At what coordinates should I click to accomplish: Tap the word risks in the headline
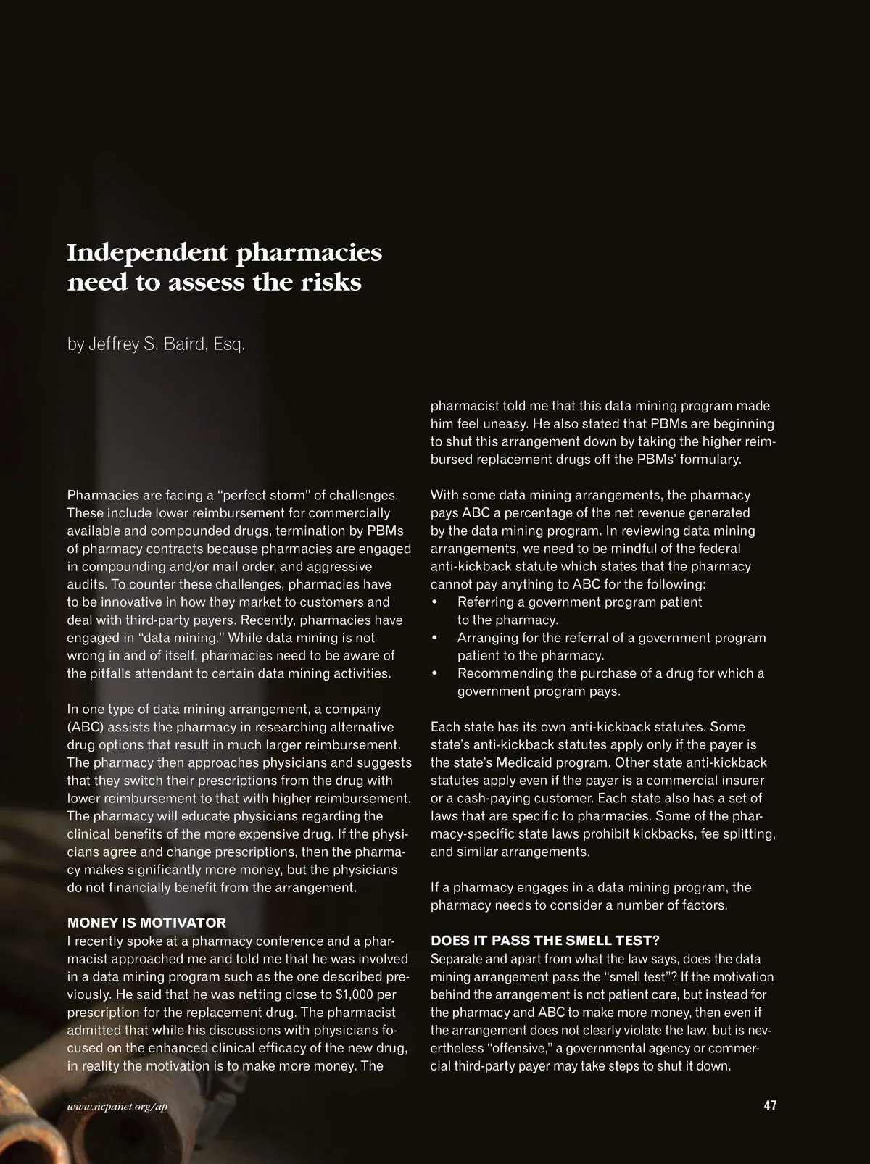tap(331, 282)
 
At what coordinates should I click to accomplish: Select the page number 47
tap(770, 1105)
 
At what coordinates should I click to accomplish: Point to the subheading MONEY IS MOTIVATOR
tap(146, 923)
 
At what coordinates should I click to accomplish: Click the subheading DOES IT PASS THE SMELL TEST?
tap(545, 941)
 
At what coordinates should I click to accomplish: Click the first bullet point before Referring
tap(435, 602)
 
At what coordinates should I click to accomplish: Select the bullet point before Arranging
tap(435, 638)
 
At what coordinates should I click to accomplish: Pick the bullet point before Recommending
tap(435, 673)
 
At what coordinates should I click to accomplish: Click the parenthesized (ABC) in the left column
tap(86, 727)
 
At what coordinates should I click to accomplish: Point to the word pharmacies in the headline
tap(310, 253)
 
